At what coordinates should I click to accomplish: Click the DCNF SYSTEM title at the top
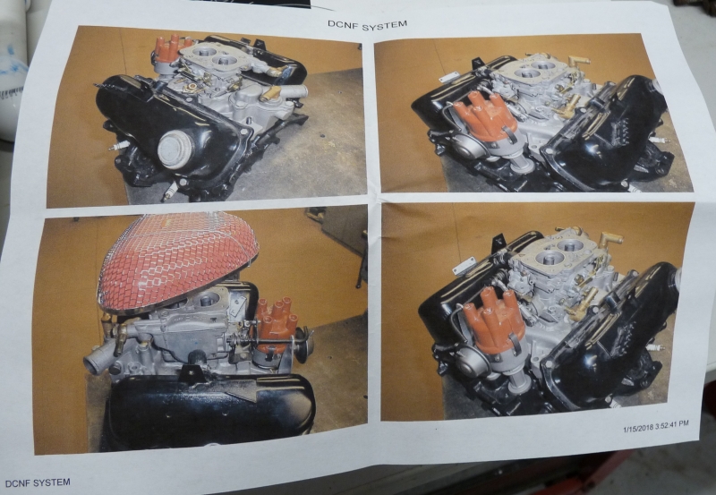coord(367,25)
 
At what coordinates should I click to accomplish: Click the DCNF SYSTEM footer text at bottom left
coord(38,482)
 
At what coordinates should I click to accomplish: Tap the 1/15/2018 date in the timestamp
coord(638,427)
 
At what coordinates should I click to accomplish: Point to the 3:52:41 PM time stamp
coord(672,424)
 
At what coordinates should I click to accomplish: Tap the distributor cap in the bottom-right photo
coord(493,320)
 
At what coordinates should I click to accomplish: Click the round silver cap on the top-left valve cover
coord(175,149)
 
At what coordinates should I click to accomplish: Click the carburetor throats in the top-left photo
coord(214,55)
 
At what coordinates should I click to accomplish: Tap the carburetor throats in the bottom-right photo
coord(558,252)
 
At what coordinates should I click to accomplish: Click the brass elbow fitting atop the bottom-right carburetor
coord(611,238)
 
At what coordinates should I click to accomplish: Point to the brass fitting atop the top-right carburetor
coord(579,61)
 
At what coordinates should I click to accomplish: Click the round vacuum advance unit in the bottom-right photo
coord(474,363)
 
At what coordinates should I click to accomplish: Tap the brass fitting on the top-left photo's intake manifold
coord(270,94)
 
